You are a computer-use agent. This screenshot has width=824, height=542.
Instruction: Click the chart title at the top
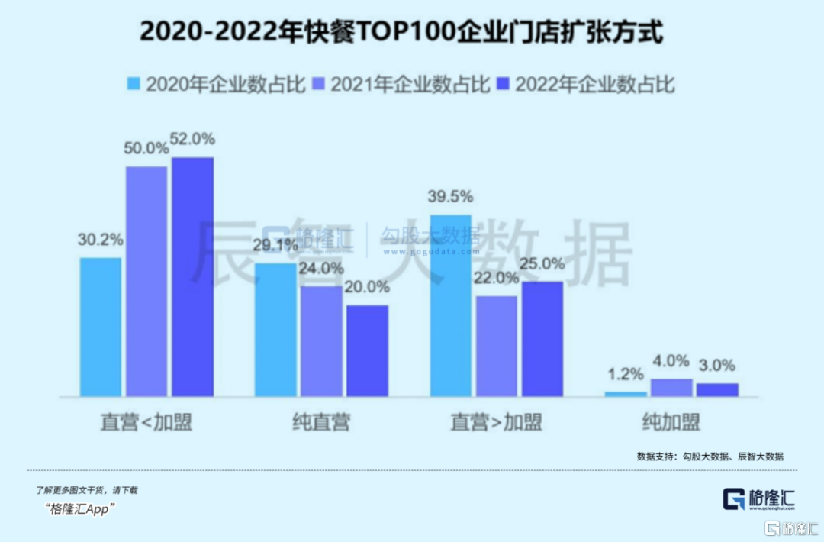pyautogui.click(x=402, y=34)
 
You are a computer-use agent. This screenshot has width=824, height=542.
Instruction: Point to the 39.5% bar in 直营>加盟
pyautogui.click(x=451, y=305)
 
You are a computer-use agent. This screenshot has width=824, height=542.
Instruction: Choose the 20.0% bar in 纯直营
pyautogui.click(x=367, y=350)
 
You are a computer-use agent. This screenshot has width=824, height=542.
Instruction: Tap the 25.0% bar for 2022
pyautogui.click(x=542, y=339)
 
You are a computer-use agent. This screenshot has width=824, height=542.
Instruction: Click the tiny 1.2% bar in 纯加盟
pyautogui.click(x=626, y=394)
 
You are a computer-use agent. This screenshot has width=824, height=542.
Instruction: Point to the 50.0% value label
pyautogui.click(x=146, y=149)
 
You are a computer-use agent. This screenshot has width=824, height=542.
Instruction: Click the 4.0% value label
pyautogui.click(x=671, y=361)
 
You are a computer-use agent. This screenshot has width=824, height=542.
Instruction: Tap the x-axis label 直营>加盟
pyautogui.click(x=496, y=422)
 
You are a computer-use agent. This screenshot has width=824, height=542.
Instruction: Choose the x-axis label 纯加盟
pyautogui.click(x=671, y=422)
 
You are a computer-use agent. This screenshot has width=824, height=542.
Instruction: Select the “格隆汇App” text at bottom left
pyautogui.click(x=80, y=509)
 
